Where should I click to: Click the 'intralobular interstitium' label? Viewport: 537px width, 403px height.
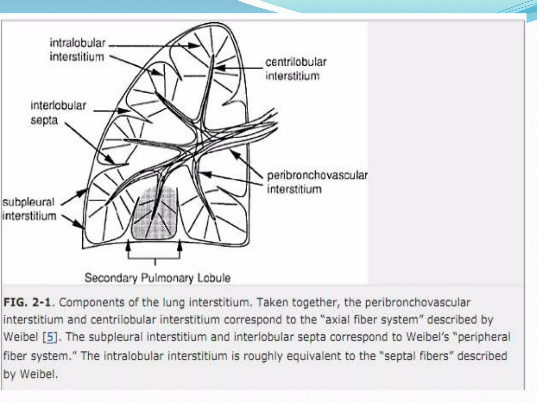tap(77, 50)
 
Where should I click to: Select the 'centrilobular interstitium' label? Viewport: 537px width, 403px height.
tap(296, 69)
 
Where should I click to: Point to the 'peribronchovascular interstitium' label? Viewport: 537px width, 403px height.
tap(317, 182)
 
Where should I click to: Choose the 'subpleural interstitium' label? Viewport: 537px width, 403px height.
tap(29, 209)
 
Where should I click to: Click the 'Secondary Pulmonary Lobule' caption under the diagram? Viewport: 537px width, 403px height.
tap(158, 278)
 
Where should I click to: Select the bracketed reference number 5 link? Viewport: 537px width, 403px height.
tap(51, 337)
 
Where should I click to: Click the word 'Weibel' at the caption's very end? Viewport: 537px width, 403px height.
tap(38, 374)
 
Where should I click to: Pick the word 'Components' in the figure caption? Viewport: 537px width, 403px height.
tap(91, 303)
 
